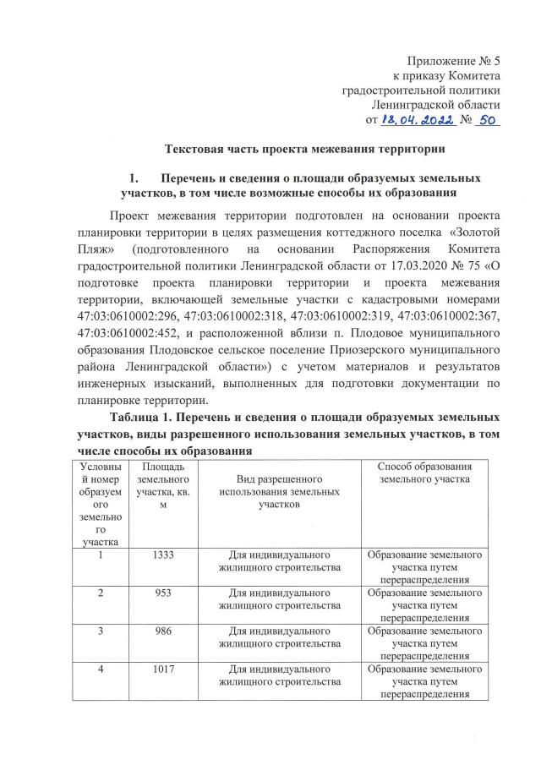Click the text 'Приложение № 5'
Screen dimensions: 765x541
click(x=455, y=62)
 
